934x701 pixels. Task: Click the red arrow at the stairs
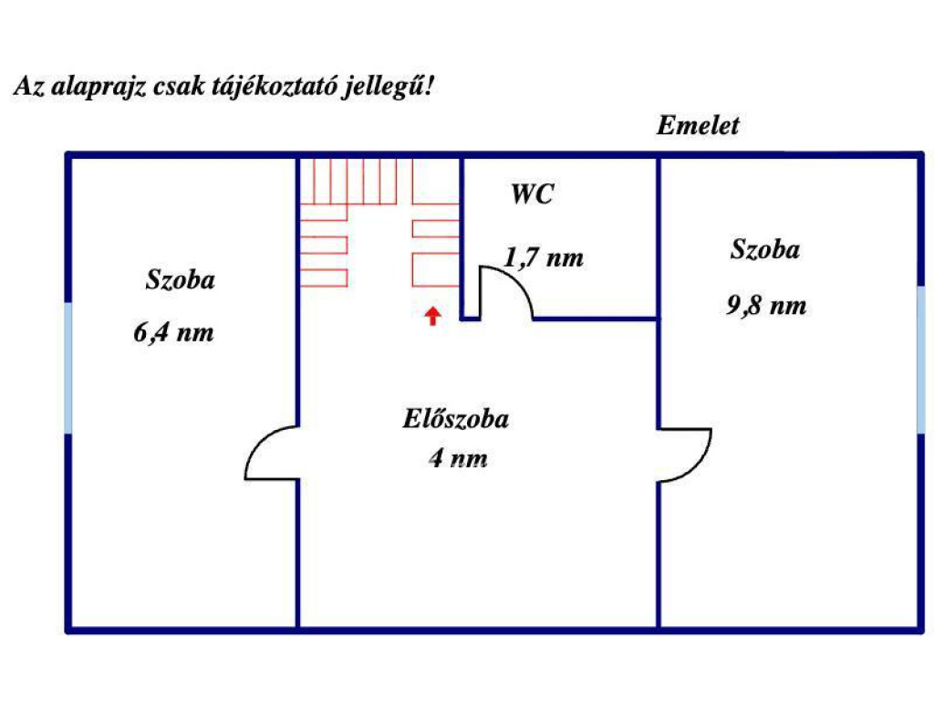tap(433, 316)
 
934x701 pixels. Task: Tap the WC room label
tap(531, 194)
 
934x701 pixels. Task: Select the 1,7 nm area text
tap(544, 258)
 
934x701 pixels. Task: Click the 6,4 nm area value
tap(173, 332)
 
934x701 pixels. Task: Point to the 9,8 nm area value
tap(766, 305)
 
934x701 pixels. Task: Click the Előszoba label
tap(456, 420)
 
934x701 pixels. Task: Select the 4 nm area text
tap(458, 458)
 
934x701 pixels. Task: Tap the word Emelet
tap(698, 126)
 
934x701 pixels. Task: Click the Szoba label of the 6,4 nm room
tap(181, 279)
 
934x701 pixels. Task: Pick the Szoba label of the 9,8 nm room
tap(765, 249)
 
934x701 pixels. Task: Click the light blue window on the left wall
tap(68, 368)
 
